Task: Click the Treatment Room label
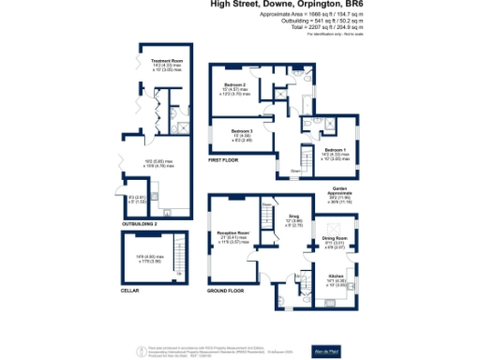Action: (x=166, y=61)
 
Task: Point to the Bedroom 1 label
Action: (x=335, y=150)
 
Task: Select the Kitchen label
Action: (x=336, y=277)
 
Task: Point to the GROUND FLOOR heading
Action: (x=225, y=292)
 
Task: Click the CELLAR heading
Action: (x=131, y=291)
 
